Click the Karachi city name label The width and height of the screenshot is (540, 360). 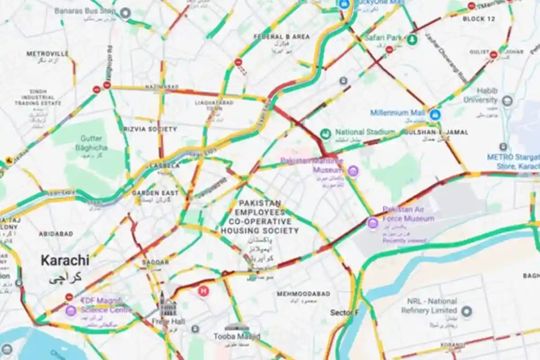[65, 261]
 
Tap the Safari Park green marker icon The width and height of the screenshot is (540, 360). [412, 40]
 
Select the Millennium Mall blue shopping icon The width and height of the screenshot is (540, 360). [435, 115]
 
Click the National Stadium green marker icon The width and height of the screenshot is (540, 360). [325, 134]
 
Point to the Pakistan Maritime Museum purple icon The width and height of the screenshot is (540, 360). [353, 171]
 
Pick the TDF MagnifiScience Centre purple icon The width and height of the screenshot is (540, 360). [71, 310]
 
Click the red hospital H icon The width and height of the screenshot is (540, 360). [203, 291]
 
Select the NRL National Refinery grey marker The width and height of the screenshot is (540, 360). [467, 310]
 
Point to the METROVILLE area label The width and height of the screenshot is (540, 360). [48, 54]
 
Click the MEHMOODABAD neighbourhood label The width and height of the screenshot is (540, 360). [303, 294]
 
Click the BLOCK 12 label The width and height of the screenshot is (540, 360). [479, 19]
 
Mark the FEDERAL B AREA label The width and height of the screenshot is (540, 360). [282, 36]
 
